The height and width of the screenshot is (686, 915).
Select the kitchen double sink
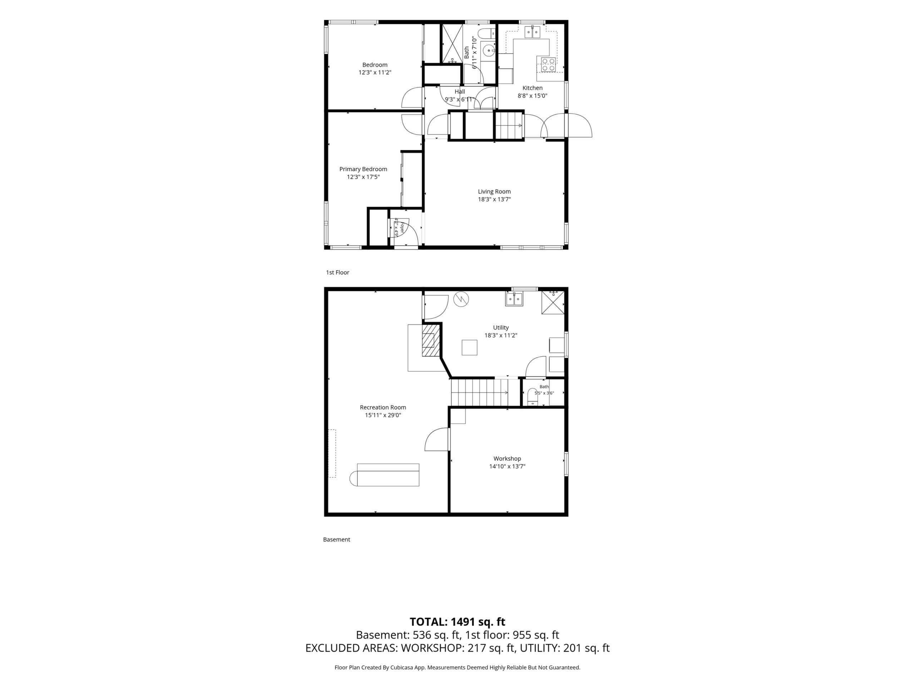[x=532, y=31]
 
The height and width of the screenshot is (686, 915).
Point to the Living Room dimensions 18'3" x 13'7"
[x=494, y=199]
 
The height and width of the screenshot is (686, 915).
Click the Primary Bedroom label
[x=363, y=169]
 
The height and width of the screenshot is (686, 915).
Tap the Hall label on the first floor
[x=460, y=92]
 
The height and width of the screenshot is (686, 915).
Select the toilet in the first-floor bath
[x=485, y=33]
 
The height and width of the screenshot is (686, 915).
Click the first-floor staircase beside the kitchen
[x=509, y=125]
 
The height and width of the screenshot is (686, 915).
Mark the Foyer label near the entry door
[x=401, y=227]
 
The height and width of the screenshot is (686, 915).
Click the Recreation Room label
[x=383, y=407]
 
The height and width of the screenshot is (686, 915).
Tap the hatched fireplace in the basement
[x=430, y=339]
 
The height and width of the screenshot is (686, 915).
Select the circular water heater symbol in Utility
[x=461, y=299]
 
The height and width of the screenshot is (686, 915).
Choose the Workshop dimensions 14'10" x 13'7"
[x=507, y=466]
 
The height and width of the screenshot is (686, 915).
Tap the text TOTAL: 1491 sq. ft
[x=457, y=621]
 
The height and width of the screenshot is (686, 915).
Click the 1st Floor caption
[x=337, y=273]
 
